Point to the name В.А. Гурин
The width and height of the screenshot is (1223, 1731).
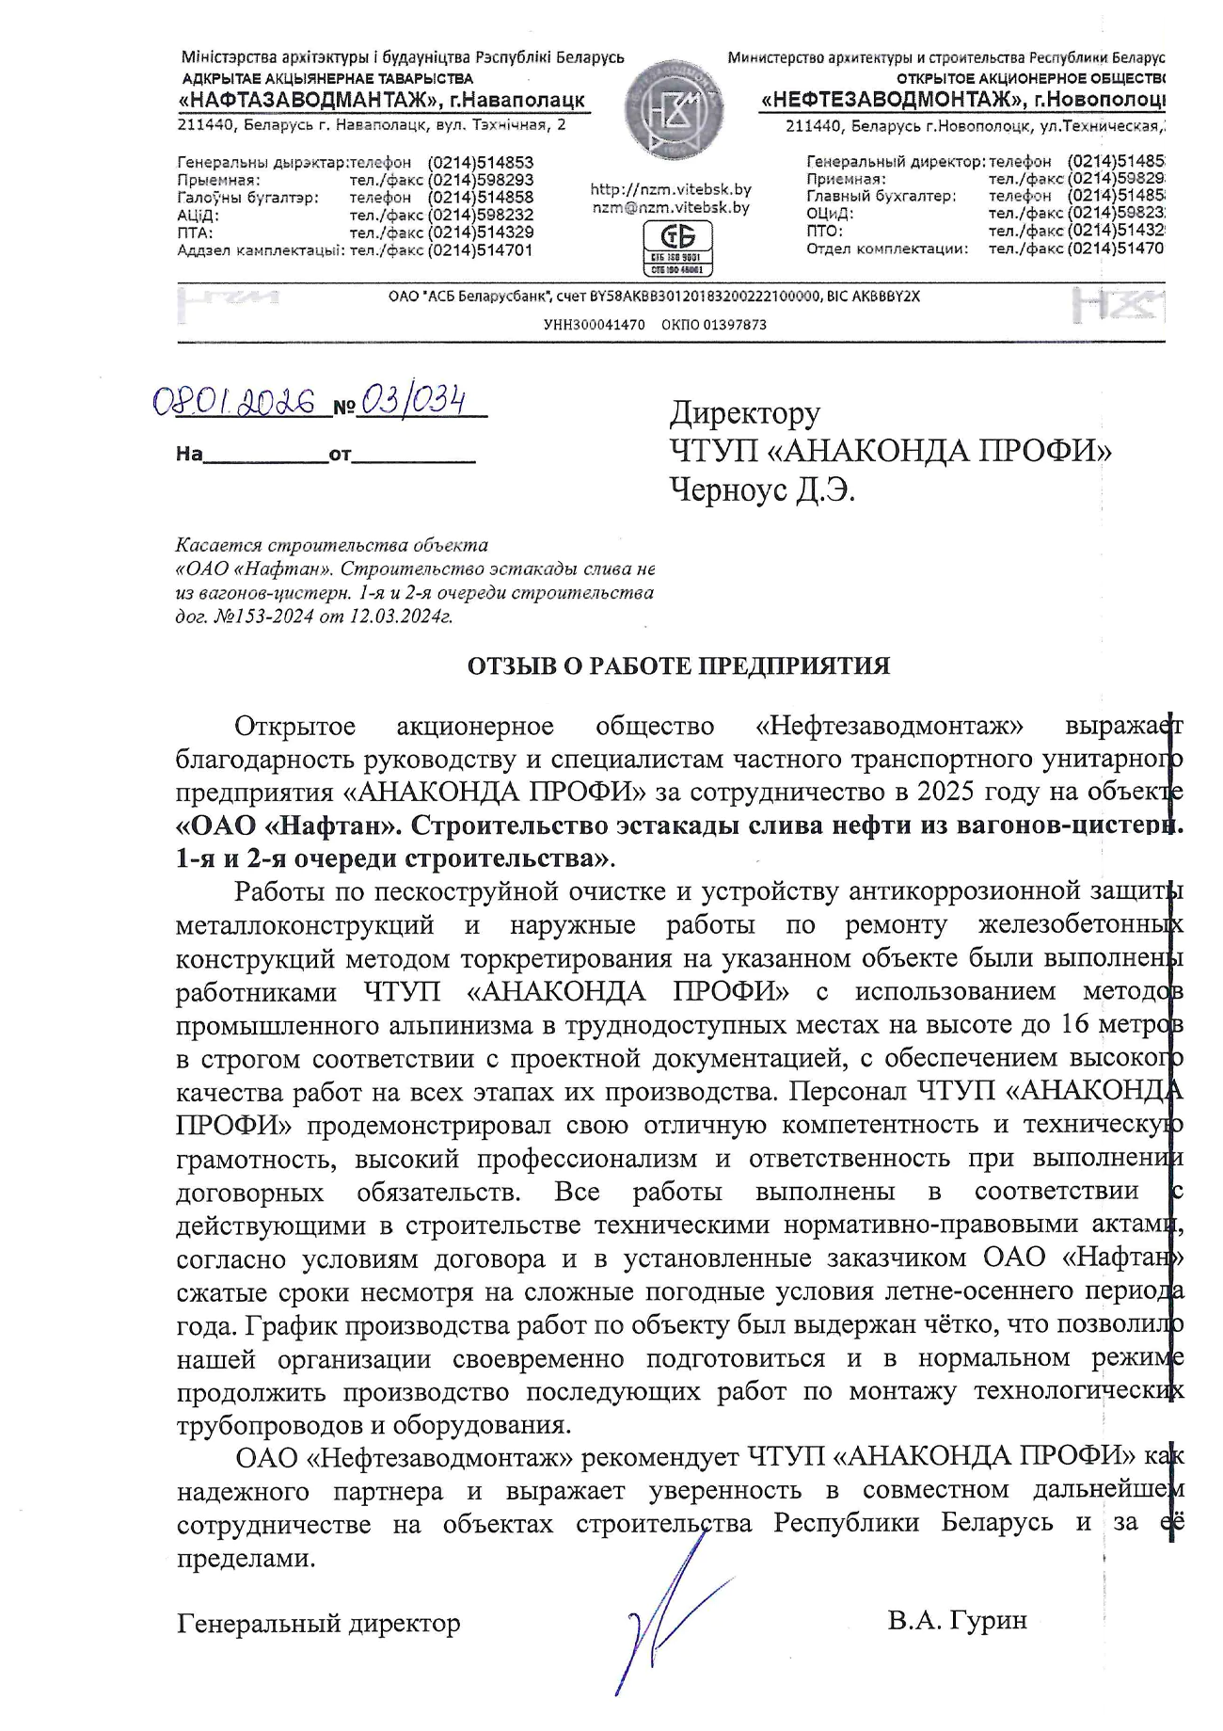957,1620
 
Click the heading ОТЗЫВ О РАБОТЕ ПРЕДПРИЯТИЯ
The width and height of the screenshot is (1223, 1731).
678,666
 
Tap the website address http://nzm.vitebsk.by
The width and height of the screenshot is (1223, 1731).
671,189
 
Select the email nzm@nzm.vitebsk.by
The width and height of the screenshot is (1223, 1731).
671,208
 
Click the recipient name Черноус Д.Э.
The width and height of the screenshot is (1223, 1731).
762,490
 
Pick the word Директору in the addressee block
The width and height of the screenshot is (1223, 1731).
744,413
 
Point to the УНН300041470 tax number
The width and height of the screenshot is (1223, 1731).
595,325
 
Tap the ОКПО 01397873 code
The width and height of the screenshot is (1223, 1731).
714,325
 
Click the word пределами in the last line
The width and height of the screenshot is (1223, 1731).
246,1558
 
